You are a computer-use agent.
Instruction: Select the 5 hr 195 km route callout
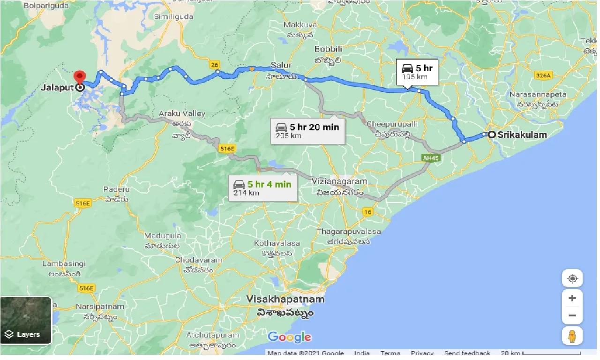point(417,72)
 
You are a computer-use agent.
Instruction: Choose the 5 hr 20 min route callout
point(307,131)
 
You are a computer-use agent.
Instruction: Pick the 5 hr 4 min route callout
point(262,187)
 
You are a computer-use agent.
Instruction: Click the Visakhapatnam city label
point(285,299)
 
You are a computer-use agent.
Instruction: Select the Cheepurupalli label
point(392,124)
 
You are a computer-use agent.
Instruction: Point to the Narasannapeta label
point(538,94)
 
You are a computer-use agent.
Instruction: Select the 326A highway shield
point(543,75)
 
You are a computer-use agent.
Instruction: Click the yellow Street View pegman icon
point(572,336)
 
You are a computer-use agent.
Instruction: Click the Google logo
point(289,337)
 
